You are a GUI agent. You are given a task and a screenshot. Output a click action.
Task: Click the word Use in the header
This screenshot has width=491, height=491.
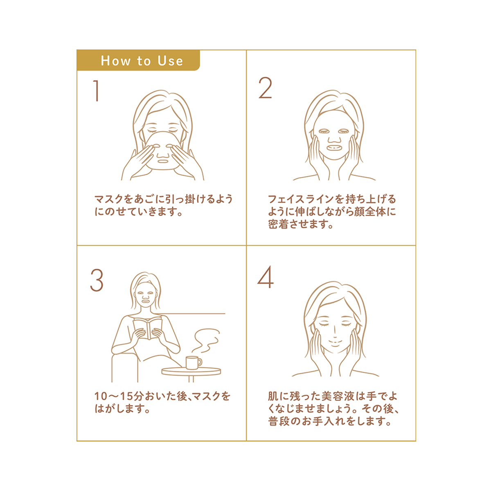pyautogui.click(x=170, y=61)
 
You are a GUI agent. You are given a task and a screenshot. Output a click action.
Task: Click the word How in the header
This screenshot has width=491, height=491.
pyautogui.click(x=115, y=61)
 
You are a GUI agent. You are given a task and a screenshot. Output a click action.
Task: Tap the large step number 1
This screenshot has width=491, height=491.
pyautogui.click(x=96, y=91)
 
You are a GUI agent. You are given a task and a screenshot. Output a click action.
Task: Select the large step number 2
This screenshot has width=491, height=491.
pyautogui.click(x=265, y=88)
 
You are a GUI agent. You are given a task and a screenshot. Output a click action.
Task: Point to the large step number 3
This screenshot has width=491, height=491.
pyautogui.click(x=97, y=280)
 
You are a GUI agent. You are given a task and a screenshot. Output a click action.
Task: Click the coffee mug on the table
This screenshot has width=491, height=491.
pyautogui.click(x=194, y=363)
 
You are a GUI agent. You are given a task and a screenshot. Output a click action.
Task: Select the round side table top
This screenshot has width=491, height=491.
pyautogui.click(x=191, y=371)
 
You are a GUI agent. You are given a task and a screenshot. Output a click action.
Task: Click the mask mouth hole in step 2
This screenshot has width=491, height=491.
pyautogui.click(x=334, y=148)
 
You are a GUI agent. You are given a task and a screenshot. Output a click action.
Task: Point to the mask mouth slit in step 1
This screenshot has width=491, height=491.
pyautogui.click(x=162, y=161)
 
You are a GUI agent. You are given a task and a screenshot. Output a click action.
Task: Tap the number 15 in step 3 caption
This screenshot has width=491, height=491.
pyautogui.click(x=126, y=396)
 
